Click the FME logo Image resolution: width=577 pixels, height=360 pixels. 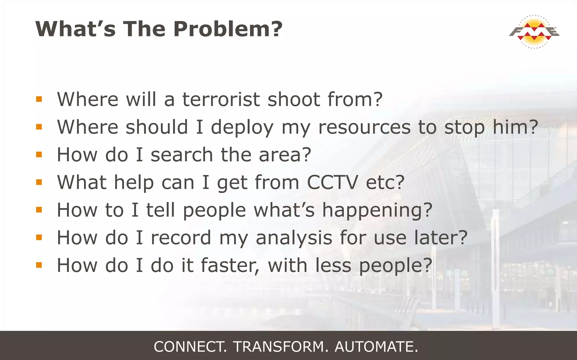(x=534, y=32)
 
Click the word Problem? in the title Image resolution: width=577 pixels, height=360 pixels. (x=228, y=29)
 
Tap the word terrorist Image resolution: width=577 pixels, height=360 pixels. (x=221, y=99)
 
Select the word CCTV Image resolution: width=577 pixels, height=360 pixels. (x=332, y=182)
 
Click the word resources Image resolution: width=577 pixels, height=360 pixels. (x=364, y=127)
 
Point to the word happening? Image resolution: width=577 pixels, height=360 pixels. (x=377, y=210)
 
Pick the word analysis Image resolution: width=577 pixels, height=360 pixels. (x=294, y=238)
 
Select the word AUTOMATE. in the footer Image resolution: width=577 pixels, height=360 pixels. (x=376, y=346)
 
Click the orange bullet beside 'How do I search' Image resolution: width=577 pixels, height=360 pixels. (x=39, y=154)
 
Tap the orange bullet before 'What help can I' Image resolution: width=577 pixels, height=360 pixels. (x=39, y=182)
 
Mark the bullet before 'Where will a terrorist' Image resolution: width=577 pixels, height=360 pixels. (x=39, y=99)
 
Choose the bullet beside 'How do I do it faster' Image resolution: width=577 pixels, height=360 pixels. (x=39, y=265)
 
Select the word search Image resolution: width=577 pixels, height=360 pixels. (x=182, y=155)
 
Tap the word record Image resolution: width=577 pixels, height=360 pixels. (x=181, y=238)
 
